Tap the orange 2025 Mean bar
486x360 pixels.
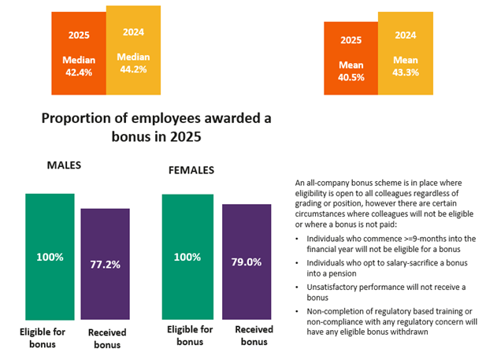coord(351,58)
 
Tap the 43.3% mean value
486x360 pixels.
coord(405,72)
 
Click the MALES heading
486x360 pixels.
coord(64,165)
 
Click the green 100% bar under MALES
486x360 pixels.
coord(50,256)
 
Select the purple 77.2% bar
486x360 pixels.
coord(105,263)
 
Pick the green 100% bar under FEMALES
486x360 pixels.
coord(186,256)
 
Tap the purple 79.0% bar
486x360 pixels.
coord(247,261)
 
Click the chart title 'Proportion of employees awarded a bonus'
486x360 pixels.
coord(155,127)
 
